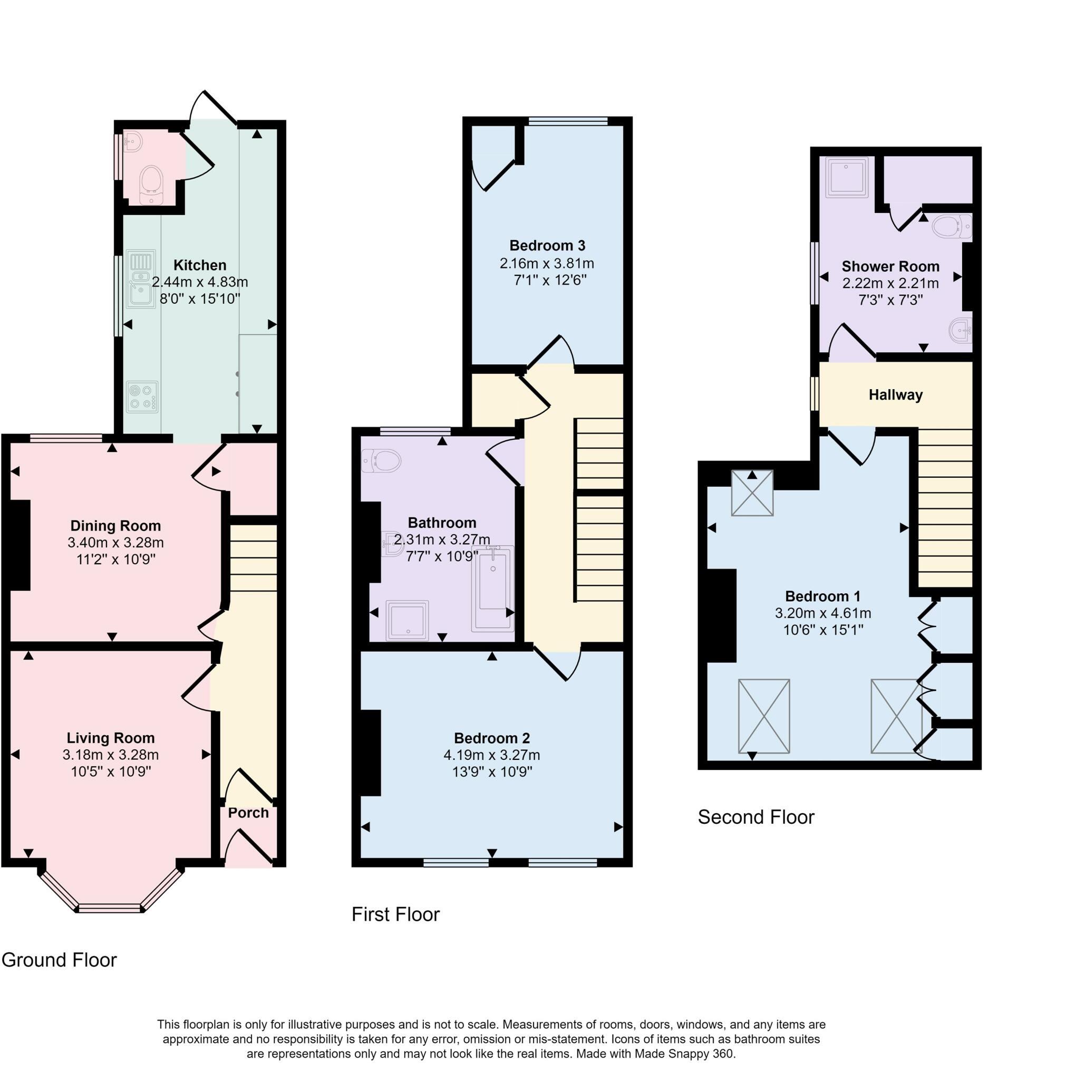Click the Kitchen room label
tap(200, 265)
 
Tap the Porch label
tap(248, 813)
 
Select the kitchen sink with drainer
tap(140, 279)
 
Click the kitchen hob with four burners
tap(142, 397)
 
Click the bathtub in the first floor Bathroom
tap(493, 589)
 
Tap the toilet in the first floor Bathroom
tap(381, 460)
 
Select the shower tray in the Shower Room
tap(847, 177)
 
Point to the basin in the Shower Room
tap(961, 330)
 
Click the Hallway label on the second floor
tap(896, 395)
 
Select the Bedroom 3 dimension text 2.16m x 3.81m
tap(547, 263)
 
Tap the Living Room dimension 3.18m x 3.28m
tap(111, 755)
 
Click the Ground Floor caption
tap(59, 960)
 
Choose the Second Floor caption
tap(756, 817)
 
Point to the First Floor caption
tap(396, 914)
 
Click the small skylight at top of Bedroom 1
tap(752, 493)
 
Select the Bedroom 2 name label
tap(492, 738)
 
